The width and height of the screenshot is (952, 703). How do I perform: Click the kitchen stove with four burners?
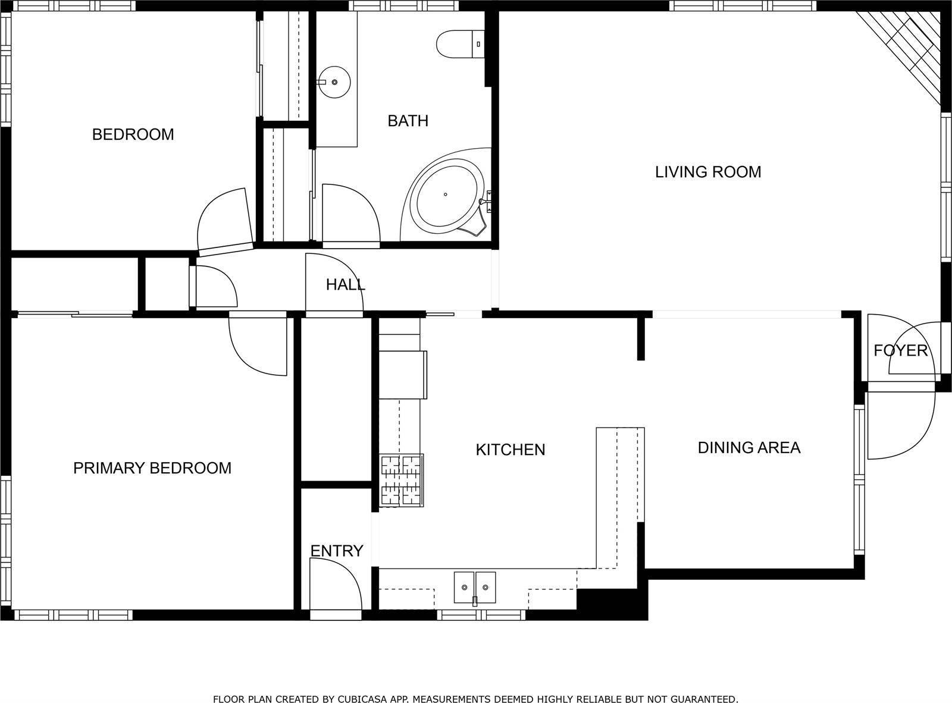point(402,481)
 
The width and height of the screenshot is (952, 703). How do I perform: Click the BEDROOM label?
point(133,134)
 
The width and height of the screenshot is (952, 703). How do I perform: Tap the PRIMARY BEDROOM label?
point(152,468)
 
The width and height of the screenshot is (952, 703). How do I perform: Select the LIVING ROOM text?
point(708,172)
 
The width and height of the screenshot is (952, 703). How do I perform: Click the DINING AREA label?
point(749,447)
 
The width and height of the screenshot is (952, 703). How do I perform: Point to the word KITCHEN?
point(511,450)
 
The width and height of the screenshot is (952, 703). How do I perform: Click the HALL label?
point(345,285)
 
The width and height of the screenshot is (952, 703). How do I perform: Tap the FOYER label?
point(900,350)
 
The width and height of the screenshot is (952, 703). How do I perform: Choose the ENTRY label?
point(337,551)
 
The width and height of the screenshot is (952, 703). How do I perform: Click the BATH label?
point(408,121)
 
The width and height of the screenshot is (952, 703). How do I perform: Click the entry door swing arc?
point(339,586)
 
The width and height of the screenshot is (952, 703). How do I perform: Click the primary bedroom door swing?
point(256,348)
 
